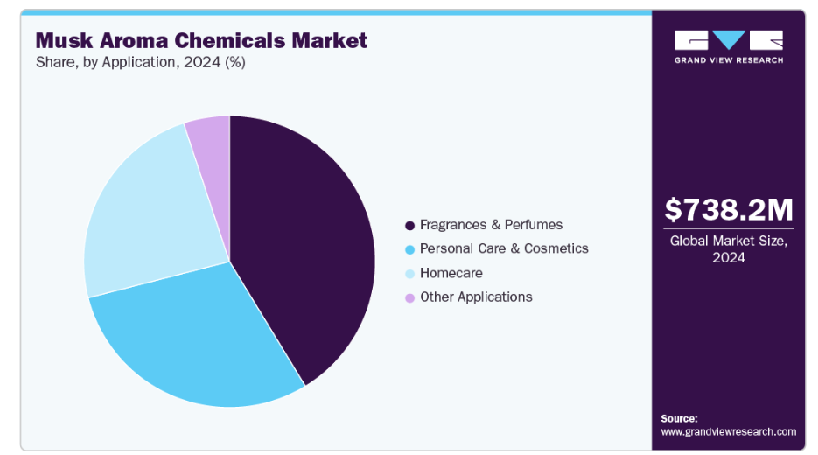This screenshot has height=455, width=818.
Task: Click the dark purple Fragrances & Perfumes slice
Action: (302, 236)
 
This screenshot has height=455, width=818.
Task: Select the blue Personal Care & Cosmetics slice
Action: (197, 341)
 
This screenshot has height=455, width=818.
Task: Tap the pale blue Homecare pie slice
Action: (149, 219)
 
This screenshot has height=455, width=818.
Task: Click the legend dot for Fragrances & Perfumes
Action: (409, 226)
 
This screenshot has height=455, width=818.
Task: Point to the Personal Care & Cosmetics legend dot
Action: (409, 249)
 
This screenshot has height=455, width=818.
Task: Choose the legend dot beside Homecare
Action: (409, 274)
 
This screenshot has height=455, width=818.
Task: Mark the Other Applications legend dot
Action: (409, 297)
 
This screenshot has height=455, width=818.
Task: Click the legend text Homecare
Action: (451, 273)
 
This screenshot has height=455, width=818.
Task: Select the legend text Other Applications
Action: (476, 297)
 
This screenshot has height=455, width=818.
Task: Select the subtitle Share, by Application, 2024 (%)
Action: (141, 63)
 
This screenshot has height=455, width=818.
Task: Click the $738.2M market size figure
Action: (729, 209)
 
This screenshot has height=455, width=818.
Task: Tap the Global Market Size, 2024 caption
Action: (729, 249)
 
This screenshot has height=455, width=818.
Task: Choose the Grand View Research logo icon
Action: (729, 40)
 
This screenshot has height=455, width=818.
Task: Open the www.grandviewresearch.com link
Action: (729, 431)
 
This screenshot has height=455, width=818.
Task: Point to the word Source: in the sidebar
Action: (680, 418)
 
